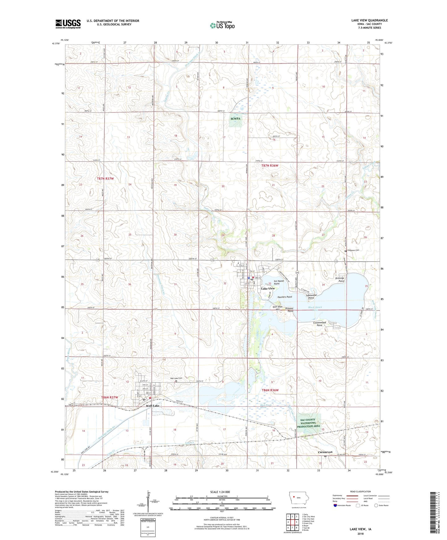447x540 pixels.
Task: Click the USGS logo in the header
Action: pyautogui.click(x=68, y=24)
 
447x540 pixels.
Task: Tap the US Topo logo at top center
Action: pyautogui.click(x=222, y=25)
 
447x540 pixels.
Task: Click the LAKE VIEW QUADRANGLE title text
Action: pyautogui.click(x=369, y=20)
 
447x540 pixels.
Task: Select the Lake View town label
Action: pyautogui.click(x=268, y=289)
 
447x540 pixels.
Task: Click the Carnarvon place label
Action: pyautogui.click(x=325, y=452)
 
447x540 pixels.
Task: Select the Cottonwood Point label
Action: pyautogui.click(x=319, y=324)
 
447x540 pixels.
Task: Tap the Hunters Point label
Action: pyautogui.click(x=285, y=297)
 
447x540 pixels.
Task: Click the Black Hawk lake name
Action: pyautogui.click(x=315, y=307)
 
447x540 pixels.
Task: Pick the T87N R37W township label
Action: pyautogui.click(x=107, y=178)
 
